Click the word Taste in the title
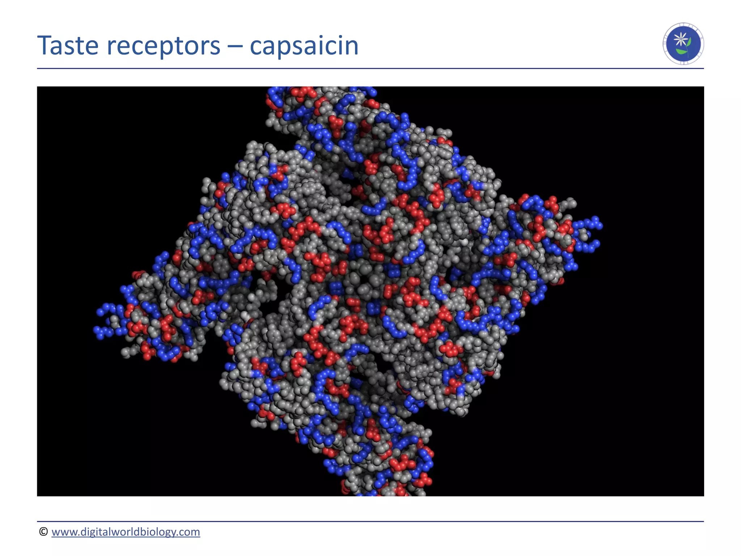pyautogui.click(x=68, y=46)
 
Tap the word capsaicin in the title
pyautogui.click(x=304, y=46)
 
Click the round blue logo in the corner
pyautogui.click(x=683, y=44)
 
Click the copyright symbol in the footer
pyautogui.click(x=43, y=531)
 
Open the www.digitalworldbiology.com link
pyautogui.click(x=126, y=532)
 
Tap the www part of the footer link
pyautogui.click(x=63, y=532)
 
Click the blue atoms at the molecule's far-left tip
pyautogui.click(x=103, y=320)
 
